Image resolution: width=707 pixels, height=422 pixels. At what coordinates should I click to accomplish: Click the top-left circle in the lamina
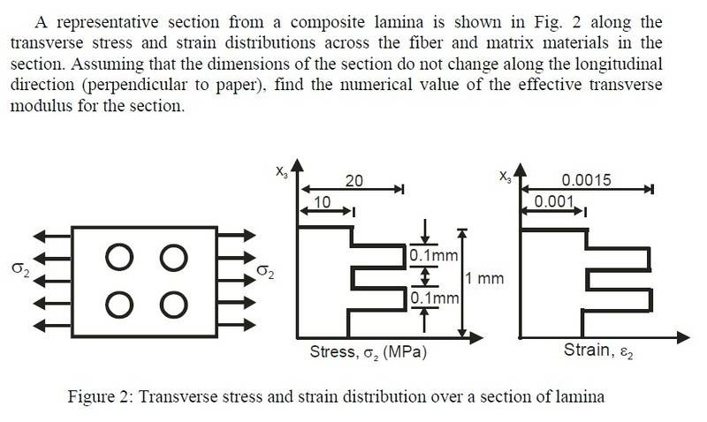click(118, 259)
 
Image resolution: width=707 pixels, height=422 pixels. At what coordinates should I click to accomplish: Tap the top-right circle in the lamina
click(174, 259)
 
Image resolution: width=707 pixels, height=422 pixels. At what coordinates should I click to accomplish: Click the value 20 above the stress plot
click(353, 180)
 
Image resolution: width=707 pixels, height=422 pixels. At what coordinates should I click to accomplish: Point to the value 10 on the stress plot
click(322, 202)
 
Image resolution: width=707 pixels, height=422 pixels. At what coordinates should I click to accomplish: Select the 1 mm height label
click(484, 279)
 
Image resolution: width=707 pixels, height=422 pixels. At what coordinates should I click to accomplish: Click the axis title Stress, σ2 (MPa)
click(369, 352)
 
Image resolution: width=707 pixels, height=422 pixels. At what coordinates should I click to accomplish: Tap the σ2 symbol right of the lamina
click(262, 271)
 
